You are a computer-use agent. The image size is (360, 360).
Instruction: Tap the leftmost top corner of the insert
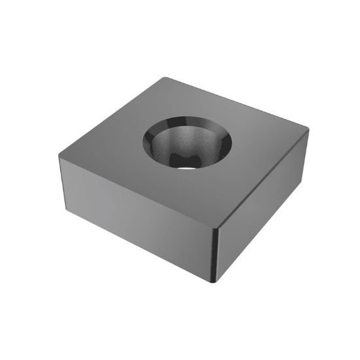60,156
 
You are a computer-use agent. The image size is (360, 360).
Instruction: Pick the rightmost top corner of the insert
308,130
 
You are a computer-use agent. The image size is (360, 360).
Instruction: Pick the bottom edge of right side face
262,230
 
